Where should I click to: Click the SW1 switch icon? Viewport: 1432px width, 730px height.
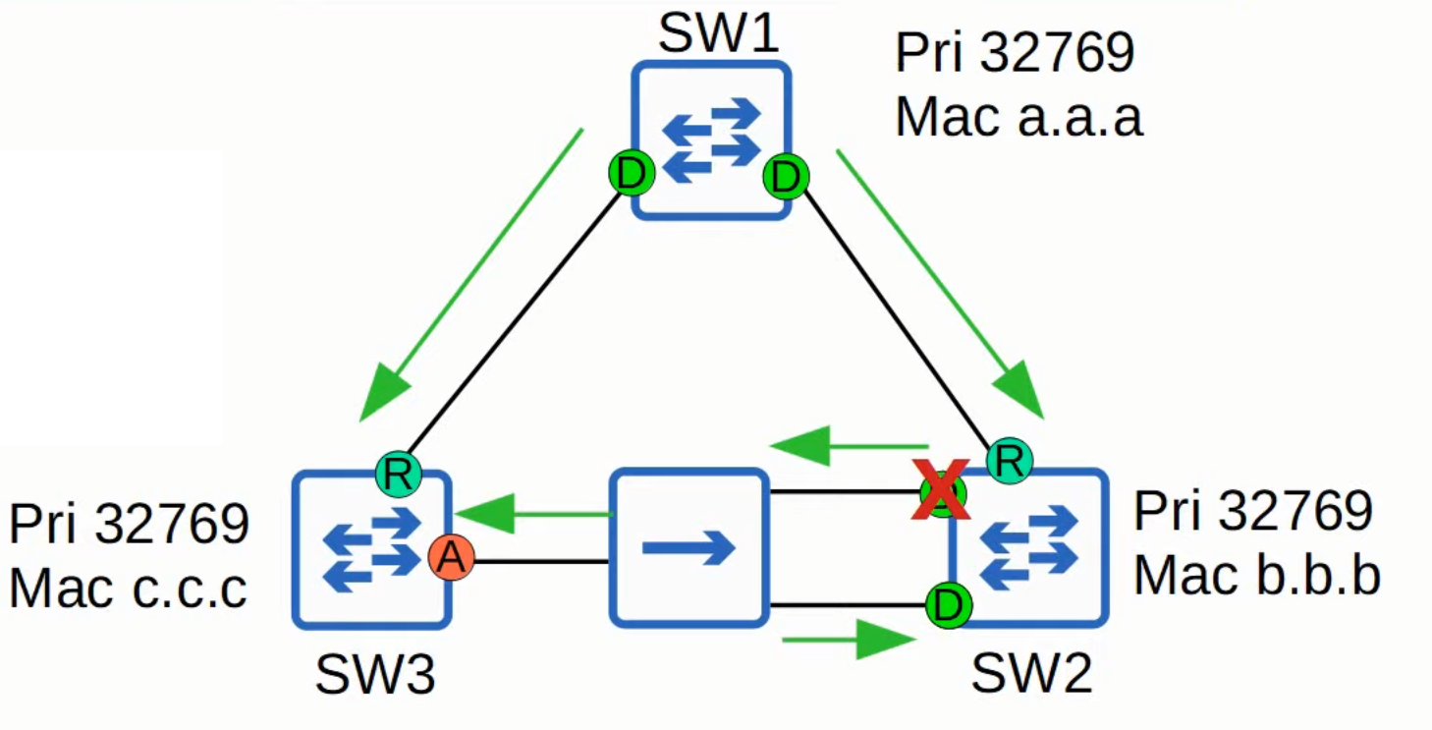point(710,140)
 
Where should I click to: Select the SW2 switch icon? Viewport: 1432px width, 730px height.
point(1029,548)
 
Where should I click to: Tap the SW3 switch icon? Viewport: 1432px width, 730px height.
point(372,550)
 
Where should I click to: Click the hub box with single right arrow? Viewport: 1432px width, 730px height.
point(688,547)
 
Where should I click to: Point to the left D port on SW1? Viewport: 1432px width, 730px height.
point(631,175)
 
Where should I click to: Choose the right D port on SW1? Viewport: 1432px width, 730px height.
point(786,178)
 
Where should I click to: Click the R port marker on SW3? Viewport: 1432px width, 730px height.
point(398,475)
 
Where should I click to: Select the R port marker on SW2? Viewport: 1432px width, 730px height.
point(1009,460)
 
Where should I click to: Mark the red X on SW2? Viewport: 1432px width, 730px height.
point(942,490)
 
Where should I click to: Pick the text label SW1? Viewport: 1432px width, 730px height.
point(718,34)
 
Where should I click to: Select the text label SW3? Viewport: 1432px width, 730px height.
point(375,675)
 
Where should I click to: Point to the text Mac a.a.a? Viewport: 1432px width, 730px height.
point(1019,117)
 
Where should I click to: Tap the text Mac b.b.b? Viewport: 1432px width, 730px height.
point(1257,575)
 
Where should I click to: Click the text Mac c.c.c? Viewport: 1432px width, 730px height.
point(128,589)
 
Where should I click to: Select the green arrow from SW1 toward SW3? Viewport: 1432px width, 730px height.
point(471,275)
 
